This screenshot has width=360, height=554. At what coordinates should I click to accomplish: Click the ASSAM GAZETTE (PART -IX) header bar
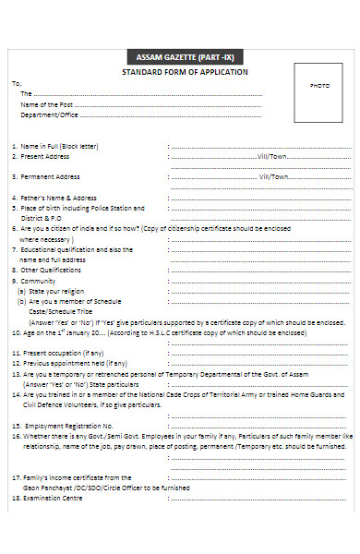tap(185, 57)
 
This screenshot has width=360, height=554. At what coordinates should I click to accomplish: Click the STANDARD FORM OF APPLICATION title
tap(185, 72)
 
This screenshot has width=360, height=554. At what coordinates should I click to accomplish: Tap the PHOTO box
tap(319, 86)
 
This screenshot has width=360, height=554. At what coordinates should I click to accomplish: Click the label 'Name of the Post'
tap(47, 104)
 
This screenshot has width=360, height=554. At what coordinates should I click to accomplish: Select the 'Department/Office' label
tap(50, 114)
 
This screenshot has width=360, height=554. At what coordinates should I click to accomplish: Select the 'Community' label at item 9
tap(38, 281)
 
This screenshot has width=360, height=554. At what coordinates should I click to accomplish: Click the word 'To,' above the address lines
tap(16, 83)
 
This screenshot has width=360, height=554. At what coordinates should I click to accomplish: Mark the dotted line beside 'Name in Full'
tap(258, 146)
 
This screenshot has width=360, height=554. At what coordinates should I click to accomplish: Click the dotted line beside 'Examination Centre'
tap(258, 498)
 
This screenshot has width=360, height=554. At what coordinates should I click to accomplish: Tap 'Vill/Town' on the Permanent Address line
tap(274, 176)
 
